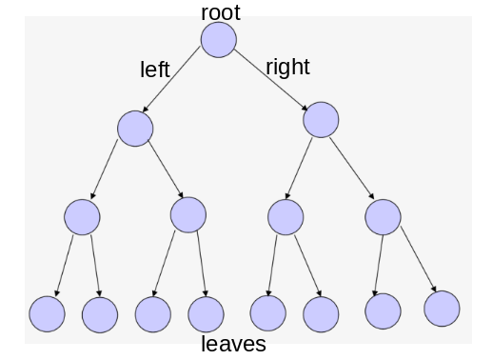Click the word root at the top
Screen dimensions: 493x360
(221, 13)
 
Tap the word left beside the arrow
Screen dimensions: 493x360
(155, 70)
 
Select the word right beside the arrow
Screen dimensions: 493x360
(287, 67)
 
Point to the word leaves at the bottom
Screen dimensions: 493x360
(233, 344)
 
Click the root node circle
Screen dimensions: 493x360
(219, 40)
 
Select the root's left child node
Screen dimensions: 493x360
(135, 129)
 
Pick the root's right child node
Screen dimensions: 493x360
(321, 120)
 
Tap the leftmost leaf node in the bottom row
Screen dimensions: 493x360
(47, 314)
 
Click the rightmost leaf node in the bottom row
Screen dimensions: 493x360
(442, 309)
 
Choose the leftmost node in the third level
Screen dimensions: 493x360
(82, 217)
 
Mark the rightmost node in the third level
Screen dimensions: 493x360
(383, 217)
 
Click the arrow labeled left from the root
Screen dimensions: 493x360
(171, 79)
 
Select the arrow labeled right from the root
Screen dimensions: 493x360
(271, 80)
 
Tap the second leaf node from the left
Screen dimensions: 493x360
(100, 315)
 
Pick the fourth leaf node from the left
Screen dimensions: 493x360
(206, 314)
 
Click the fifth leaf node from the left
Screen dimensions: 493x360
(268, 313)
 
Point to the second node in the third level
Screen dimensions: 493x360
(188, 215)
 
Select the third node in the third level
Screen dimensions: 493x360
(286, 217)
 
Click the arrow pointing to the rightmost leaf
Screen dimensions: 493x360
(419, 259)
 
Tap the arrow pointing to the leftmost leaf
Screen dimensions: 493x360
(65, 266)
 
